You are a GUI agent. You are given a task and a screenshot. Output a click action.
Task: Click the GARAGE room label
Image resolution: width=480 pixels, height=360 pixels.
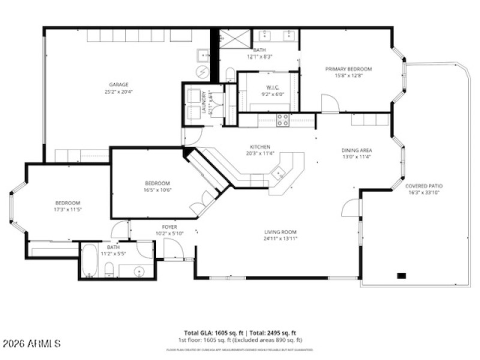[118, 85]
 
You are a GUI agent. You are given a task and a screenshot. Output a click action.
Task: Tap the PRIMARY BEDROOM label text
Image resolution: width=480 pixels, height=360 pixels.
[348, 69]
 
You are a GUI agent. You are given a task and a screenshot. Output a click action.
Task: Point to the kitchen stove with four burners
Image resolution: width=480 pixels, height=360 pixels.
[283, 119]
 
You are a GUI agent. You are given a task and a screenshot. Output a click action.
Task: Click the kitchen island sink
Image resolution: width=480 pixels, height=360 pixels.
[278, 175]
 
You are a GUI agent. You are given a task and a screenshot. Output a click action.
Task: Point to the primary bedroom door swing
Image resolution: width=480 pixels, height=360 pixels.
[329, 104]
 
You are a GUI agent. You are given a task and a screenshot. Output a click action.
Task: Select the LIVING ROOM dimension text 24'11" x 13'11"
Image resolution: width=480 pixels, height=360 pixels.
[281, 238]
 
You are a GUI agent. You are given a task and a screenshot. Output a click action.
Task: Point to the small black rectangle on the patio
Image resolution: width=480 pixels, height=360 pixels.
[401, 275]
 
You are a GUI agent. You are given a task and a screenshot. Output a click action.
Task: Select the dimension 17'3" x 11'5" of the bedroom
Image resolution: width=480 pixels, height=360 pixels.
[68, 211]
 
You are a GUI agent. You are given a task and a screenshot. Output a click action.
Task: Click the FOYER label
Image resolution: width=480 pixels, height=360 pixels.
[169, 227]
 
